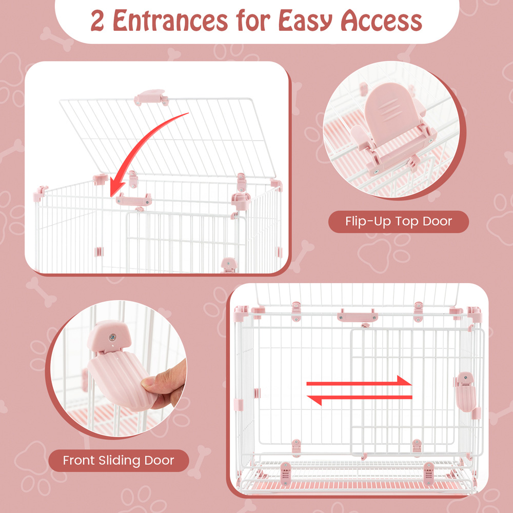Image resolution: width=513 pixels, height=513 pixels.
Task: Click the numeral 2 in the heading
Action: [97, 21]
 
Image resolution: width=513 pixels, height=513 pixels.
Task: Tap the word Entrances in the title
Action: [170, 21]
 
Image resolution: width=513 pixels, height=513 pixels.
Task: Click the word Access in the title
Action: [382, 21]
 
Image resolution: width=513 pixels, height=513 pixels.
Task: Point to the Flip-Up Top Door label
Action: [399, 222]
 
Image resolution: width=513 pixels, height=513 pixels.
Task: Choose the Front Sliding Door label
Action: [119, 460]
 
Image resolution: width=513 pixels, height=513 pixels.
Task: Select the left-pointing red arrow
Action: [359, 399]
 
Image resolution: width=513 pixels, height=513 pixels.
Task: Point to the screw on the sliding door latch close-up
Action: [112, 337]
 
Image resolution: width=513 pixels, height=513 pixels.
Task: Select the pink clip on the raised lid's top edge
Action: [151, 97]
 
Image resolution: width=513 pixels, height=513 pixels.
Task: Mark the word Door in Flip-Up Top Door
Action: [437, 222]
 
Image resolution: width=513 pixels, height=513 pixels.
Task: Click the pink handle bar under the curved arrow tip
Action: [134, 200]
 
